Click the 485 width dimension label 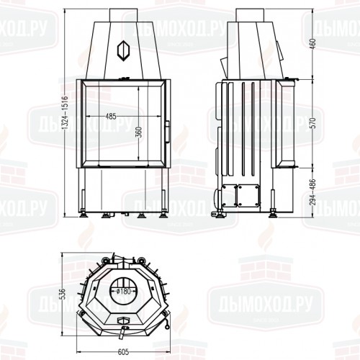(x=110, y=116)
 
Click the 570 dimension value (x=311, y=124)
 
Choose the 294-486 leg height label (x=311, y=191)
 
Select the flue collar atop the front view (x=123, y=14)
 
